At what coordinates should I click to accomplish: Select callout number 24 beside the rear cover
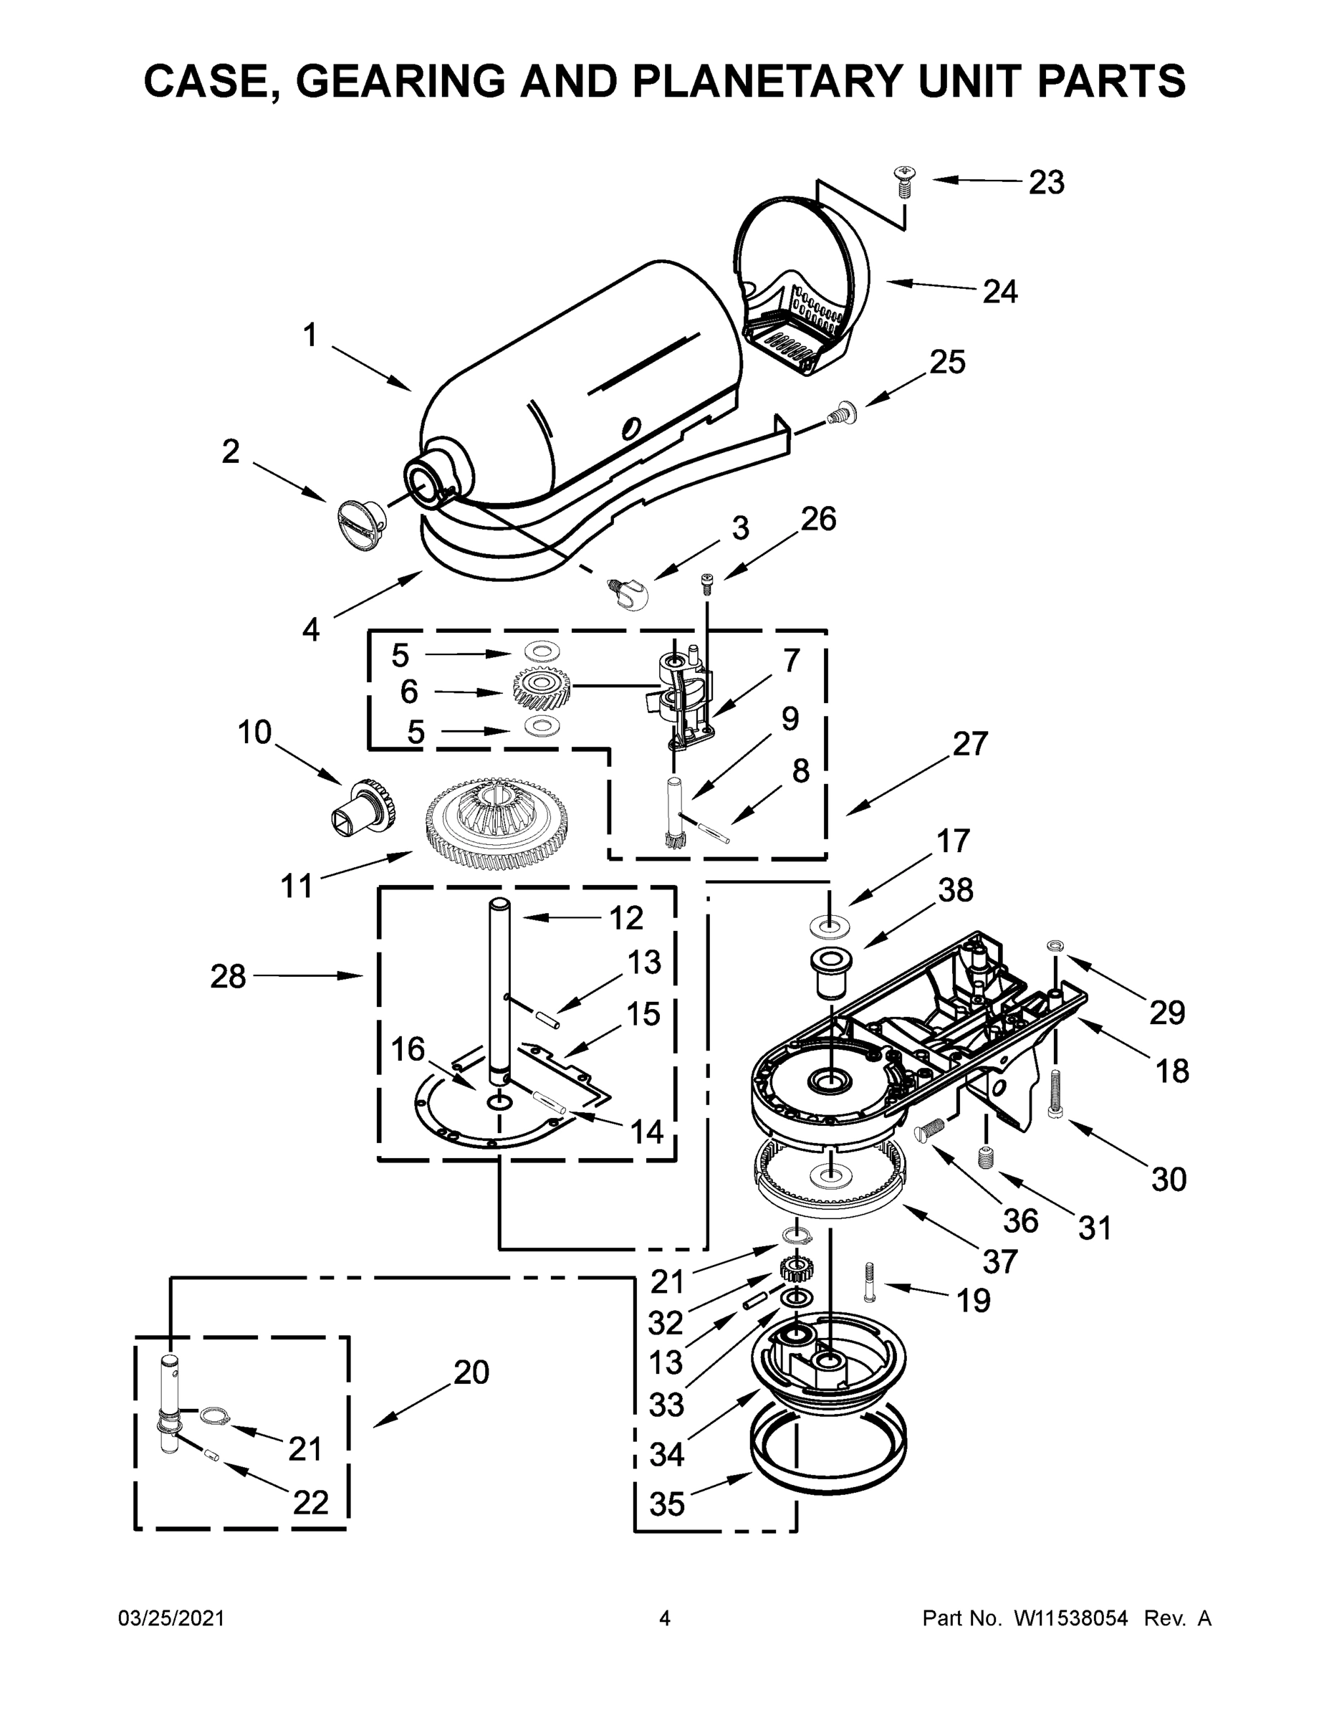pyautogui.click(x=999, y=292)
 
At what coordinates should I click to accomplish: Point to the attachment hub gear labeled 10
pyautogui.click(x=363, y=806)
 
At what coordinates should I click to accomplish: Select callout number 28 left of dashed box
pyautogui.click(x=229, y=977)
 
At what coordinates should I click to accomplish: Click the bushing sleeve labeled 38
pyautogui.click(x=830, y=971)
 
